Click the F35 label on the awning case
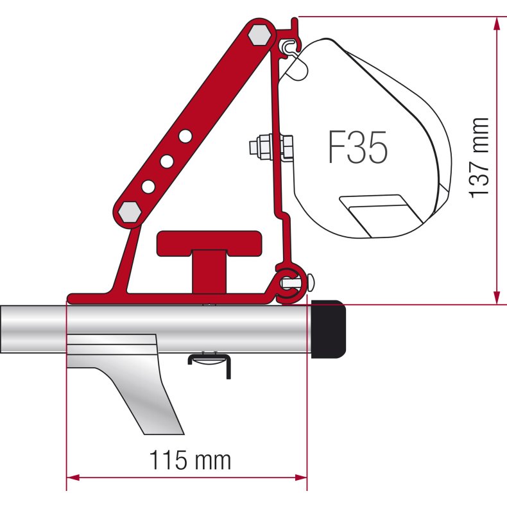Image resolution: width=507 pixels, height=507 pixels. (x=358, y=148)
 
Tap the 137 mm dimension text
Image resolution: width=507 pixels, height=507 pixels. (x=480, y=158)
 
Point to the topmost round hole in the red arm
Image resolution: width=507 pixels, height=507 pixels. (x=185, y=136)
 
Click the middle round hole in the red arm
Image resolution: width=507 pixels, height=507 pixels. (x=166, y=161)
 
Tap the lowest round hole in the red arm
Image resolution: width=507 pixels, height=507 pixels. (x=148, y=186)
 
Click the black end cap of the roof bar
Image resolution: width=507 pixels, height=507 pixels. (x=329, y=329)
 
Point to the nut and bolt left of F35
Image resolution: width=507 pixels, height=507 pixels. (x=270, y=147)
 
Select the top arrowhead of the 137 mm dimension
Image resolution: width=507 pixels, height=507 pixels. (x=496, y=23)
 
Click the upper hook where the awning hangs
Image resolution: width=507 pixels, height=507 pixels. (x=290, y=44)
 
